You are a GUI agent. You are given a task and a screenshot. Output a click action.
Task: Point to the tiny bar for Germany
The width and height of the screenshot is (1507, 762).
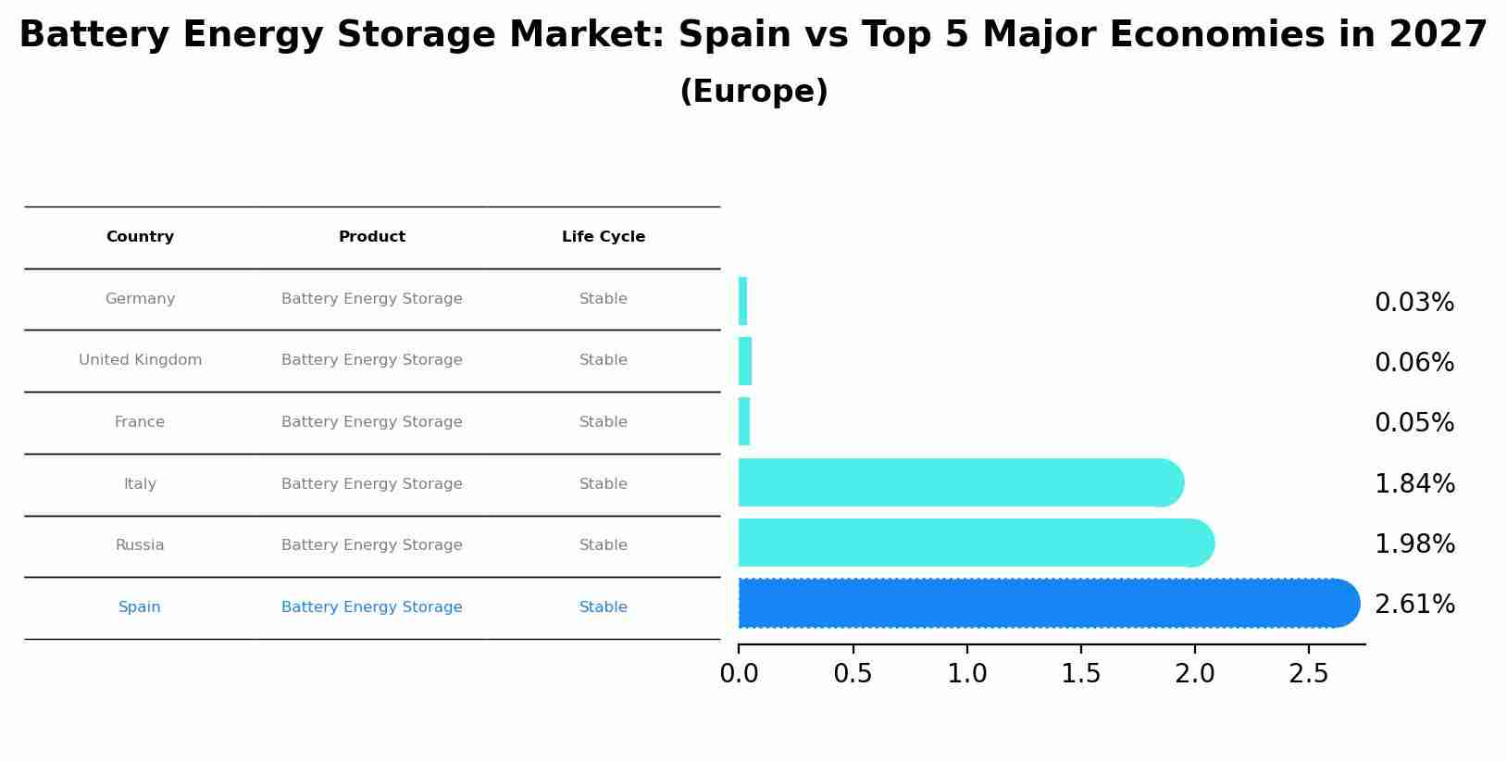(742, 301)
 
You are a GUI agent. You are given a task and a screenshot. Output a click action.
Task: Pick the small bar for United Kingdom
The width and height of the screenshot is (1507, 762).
(745, 361)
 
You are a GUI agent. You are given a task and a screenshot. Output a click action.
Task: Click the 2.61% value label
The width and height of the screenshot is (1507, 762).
(1414, 605)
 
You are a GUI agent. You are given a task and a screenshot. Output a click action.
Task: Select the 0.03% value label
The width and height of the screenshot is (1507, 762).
(1414, 303)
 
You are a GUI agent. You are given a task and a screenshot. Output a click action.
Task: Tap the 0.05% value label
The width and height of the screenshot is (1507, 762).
(1414, 423)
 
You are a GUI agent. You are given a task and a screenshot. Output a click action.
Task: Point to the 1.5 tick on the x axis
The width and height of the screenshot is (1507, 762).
(1080, 674)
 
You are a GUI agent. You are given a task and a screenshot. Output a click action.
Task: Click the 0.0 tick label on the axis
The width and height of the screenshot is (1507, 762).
(739, 674)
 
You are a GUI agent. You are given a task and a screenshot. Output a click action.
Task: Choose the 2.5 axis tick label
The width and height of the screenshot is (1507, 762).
(1309, 674)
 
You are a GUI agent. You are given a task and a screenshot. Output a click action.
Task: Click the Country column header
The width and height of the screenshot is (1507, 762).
(140, 237)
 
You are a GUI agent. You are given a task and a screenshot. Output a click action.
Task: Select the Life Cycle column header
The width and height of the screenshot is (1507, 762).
(604, 237)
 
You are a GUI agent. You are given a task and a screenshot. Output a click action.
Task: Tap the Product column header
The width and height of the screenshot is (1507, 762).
(372, 237)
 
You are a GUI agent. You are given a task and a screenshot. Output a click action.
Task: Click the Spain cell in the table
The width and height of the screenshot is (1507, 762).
(140, 607)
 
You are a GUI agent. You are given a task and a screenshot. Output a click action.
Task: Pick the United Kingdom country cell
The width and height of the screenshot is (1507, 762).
(140, 360)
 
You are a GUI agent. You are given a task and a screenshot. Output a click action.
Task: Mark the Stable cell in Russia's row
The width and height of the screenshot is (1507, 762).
(604, 545)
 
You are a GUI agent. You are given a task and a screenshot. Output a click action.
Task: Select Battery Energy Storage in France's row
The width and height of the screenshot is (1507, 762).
(372, 422)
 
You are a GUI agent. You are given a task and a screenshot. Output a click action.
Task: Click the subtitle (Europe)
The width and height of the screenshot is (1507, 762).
(753, 92)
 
